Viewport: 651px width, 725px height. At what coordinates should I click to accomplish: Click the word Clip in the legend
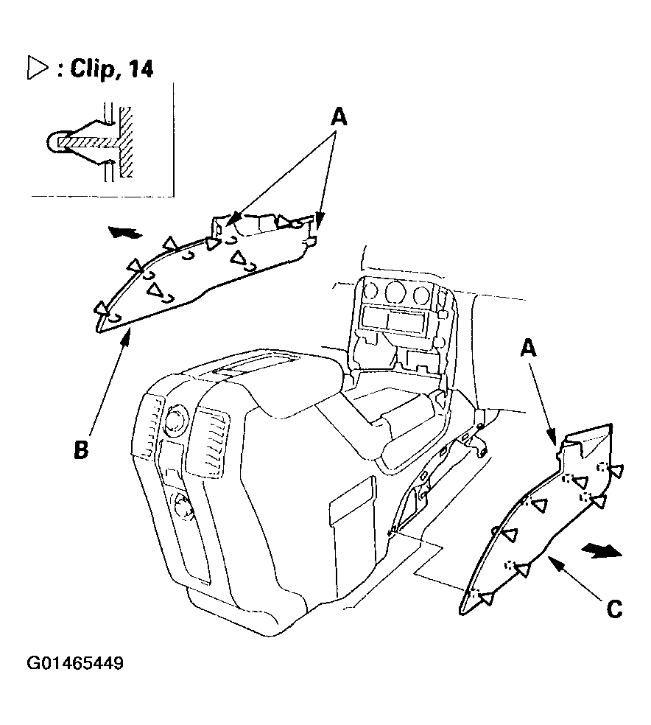[x=91, y=69]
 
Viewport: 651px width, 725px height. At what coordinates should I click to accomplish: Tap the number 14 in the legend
[x=139, y=69]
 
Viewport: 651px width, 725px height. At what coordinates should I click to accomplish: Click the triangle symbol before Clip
[x=38, y=68]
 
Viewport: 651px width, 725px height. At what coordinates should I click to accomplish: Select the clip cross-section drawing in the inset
[x=90, y=141]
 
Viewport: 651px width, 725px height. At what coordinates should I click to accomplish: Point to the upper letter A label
[x=339, y=116]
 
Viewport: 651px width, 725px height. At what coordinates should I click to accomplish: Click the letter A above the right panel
[x=528, y=348]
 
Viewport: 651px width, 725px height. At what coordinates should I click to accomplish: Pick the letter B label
[x=81, y=449]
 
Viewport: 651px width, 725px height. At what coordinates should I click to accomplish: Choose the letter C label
[x=614, y=609]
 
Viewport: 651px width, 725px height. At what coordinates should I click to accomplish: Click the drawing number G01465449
[x=75, y=663]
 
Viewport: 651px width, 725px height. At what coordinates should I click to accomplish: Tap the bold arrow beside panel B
[x=124, y=231]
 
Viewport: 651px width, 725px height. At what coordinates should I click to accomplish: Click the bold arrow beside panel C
[x=601, y=550]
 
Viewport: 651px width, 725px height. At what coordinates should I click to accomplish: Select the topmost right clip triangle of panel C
[x=616, y=471]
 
